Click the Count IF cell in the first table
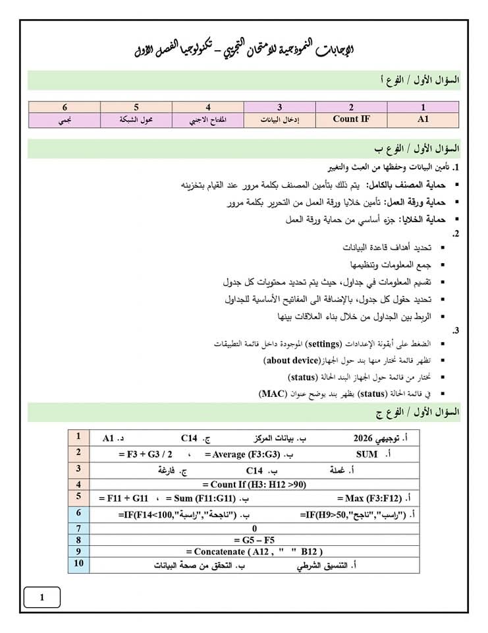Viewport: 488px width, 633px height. coord(351,119)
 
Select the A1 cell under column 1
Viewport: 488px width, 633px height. coord(422,119)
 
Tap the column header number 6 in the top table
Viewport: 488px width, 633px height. coord(65,107)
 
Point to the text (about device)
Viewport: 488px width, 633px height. coord(291,361)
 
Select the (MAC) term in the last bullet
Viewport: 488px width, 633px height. coord(273,394)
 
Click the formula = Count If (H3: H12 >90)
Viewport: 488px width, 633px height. coord(254,485)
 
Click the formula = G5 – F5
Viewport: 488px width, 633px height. coord(254,539)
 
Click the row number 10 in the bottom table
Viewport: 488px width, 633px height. coord(78,564)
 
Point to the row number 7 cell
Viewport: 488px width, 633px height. coord(78,527)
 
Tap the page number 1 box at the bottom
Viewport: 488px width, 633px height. coord(42,597)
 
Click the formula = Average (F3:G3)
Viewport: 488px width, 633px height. coord(242,454)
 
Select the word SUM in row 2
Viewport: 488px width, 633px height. coord(367,454)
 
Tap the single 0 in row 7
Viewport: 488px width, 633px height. coord(254,528)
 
